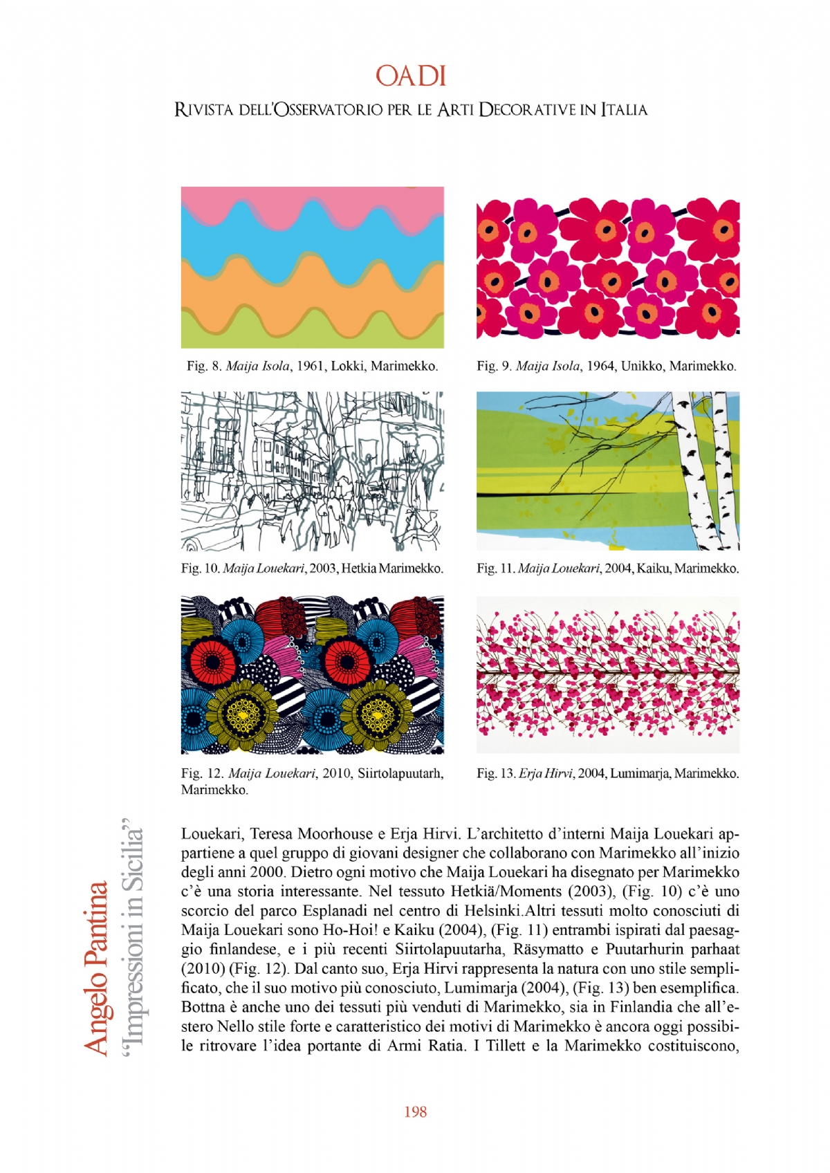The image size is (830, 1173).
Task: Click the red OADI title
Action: tap(411, 76)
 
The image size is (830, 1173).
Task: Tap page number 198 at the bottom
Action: tap(415, 1111)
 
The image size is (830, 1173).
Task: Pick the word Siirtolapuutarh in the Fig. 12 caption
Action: tap(400, 773)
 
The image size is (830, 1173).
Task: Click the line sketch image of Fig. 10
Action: tap(312, 471)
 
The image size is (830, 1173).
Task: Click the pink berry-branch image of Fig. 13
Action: tap(607, 674)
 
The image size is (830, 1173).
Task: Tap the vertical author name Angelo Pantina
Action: tap(96, 968)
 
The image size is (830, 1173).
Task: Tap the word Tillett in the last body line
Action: tap(506, 1046)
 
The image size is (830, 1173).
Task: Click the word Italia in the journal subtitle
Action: tap(624, 110)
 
